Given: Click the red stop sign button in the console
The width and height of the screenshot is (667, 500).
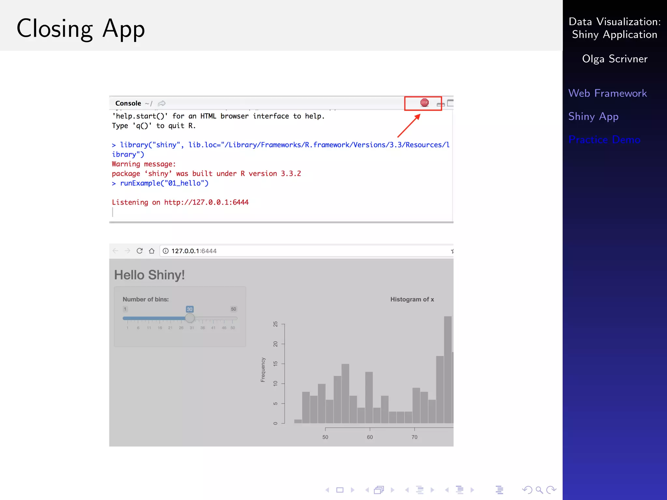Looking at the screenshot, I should tap(424, 103).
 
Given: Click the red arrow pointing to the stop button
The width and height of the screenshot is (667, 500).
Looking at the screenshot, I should tap(409, 126).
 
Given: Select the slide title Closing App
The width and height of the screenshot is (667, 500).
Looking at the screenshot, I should tap(80, 29).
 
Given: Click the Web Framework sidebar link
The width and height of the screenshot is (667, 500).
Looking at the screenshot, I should tap(607, 93).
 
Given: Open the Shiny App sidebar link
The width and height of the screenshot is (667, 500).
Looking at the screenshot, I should tap(593, 117).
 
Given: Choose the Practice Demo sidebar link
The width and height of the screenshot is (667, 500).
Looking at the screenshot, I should tap(604, 140).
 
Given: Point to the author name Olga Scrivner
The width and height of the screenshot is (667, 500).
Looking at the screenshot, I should tap(615, 59).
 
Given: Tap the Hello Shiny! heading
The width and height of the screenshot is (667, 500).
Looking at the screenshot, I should tap(149, 275).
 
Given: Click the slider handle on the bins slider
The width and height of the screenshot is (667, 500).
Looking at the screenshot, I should tap(190, 318).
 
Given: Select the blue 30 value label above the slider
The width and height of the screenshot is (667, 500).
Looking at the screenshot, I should tap(190, 309).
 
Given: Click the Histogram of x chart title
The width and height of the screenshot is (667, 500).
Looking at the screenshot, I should tap(412, 299).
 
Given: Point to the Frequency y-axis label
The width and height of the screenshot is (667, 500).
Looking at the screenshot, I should tap(263, 370).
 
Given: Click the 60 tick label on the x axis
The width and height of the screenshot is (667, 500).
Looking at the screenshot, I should tap(370, 437).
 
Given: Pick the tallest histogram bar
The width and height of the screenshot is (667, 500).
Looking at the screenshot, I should tap(448, 369).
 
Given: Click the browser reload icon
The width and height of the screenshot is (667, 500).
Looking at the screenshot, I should tap(139, 251).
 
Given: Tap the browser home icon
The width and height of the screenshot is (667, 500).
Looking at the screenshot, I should tap(151, 251).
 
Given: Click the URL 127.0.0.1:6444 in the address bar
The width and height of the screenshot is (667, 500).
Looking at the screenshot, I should tap(194, 251).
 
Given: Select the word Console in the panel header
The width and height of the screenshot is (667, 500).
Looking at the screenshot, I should tap(128, 104).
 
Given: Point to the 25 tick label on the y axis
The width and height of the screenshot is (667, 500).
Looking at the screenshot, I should tap(276, 324).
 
